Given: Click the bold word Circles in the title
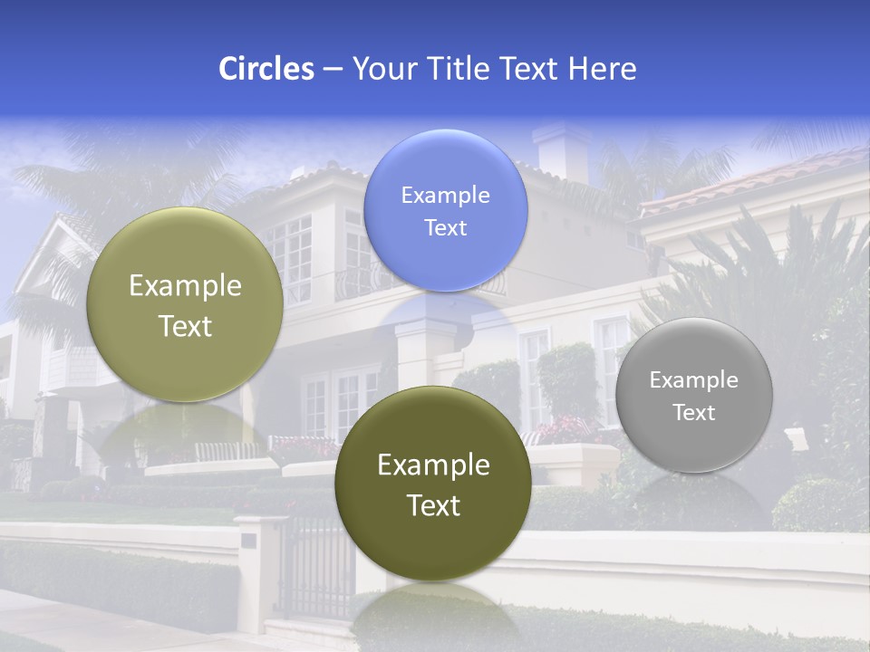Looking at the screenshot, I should click(266, 68).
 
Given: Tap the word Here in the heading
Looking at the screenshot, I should click(603, 68).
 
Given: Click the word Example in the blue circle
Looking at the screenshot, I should click(445, 195).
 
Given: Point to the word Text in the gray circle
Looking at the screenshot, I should click(694, 413).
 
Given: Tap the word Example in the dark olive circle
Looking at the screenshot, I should click(433, 465).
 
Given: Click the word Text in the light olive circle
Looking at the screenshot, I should click(185, 326).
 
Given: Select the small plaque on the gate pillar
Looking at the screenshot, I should click(248, 540).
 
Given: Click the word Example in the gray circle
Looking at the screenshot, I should click(694, 380).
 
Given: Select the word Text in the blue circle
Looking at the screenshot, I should click(445, 228).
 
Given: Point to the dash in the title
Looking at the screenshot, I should click(333, 69).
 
